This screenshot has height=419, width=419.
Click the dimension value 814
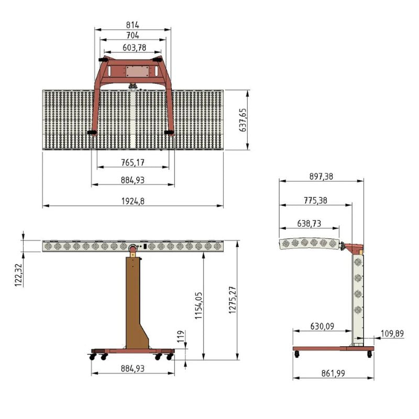coord(133,25)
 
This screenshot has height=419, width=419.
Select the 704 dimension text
coord(133,36)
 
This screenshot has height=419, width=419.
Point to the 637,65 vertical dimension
coord(242,120)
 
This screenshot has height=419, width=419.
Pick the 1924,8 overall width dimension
coord(133,201)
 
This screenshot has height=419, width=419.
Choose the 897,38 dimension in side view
coord(321,177)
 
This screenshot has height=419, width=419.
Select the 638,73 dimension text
coord(309,223)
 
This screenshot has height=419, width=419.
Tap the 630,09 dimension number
coord(321,326)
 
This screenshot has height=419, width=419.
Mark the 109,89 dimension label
coord(391,333)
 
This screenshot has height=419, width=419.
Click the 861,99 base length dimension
coord(333,373)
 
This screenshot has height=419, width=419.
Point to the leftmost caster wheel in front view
coord(93,357)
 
